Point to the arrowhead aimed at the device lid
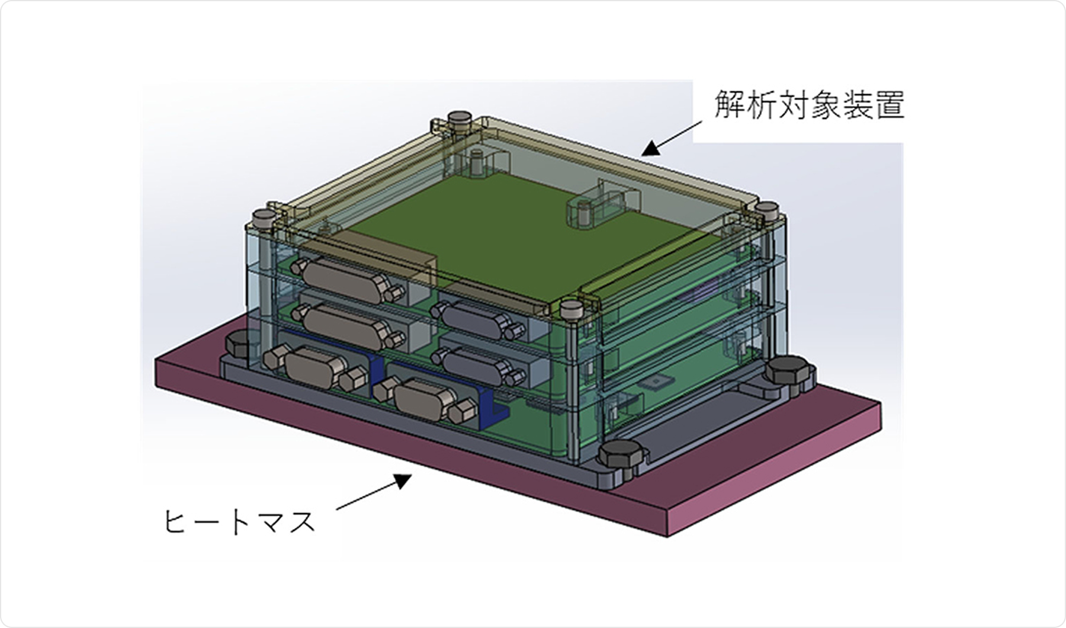click(651, 148)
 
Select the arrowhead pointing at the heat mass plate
click(403, 480)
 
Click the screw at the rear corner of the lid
click(458, 120)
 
